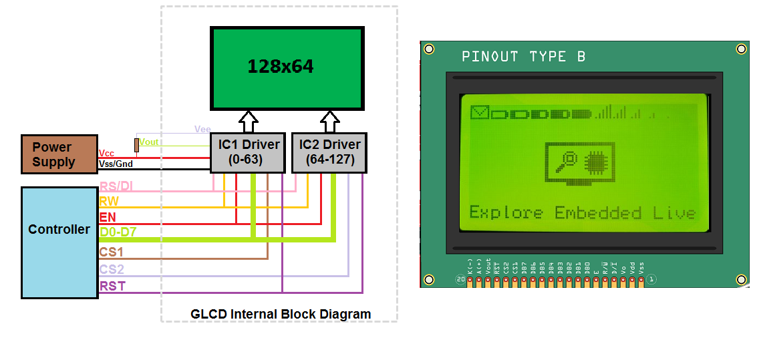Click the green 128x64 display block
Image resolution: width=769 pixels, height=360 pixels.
[x=287, y=68]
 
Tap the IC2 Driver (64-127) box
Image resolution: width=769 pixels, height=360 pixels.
[x=329, y=152]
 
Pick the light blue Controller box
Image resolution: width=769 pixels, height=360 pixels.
[x=59, y=242]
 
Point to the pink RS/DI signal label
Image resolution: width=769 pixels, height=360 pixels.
[x=116, y=186]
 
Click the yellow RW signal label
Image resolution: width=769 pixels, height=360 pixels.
[x=109, y=201]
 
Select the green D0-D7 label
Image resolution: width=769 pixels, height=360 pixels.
[x=118, y=232]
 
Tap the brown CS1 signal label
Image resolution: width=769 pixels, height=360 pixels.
[x=112, y=252]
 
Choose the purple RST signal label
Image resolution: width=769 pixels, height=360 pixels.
[x=112, y=286]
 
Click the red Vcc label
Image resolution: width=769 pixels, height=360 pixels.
[x=106, y=153]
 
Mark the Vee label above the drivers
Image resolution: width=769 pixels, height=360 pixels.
[x=202, y=129]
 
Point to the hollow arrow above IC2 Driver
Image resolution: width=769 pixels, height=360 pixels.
[x=329, y=122]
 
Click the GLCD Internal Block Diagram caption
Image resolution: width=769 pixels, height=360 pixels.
[x=281, y=314]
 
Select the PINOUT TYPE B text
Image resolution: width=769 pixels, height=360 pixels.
[x=523, y=57]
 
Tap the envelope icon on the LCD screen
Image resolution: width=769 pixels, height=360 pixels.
[x=480, y=112]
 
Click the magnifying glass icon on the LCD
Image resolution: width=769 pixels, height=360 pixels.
[x=570, y=159]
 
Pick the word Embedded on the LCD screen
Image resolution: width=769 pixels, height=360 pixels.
[x=598, y=213]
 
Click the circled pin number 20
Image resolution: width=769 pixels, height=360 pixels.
[x=460, y=279]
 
